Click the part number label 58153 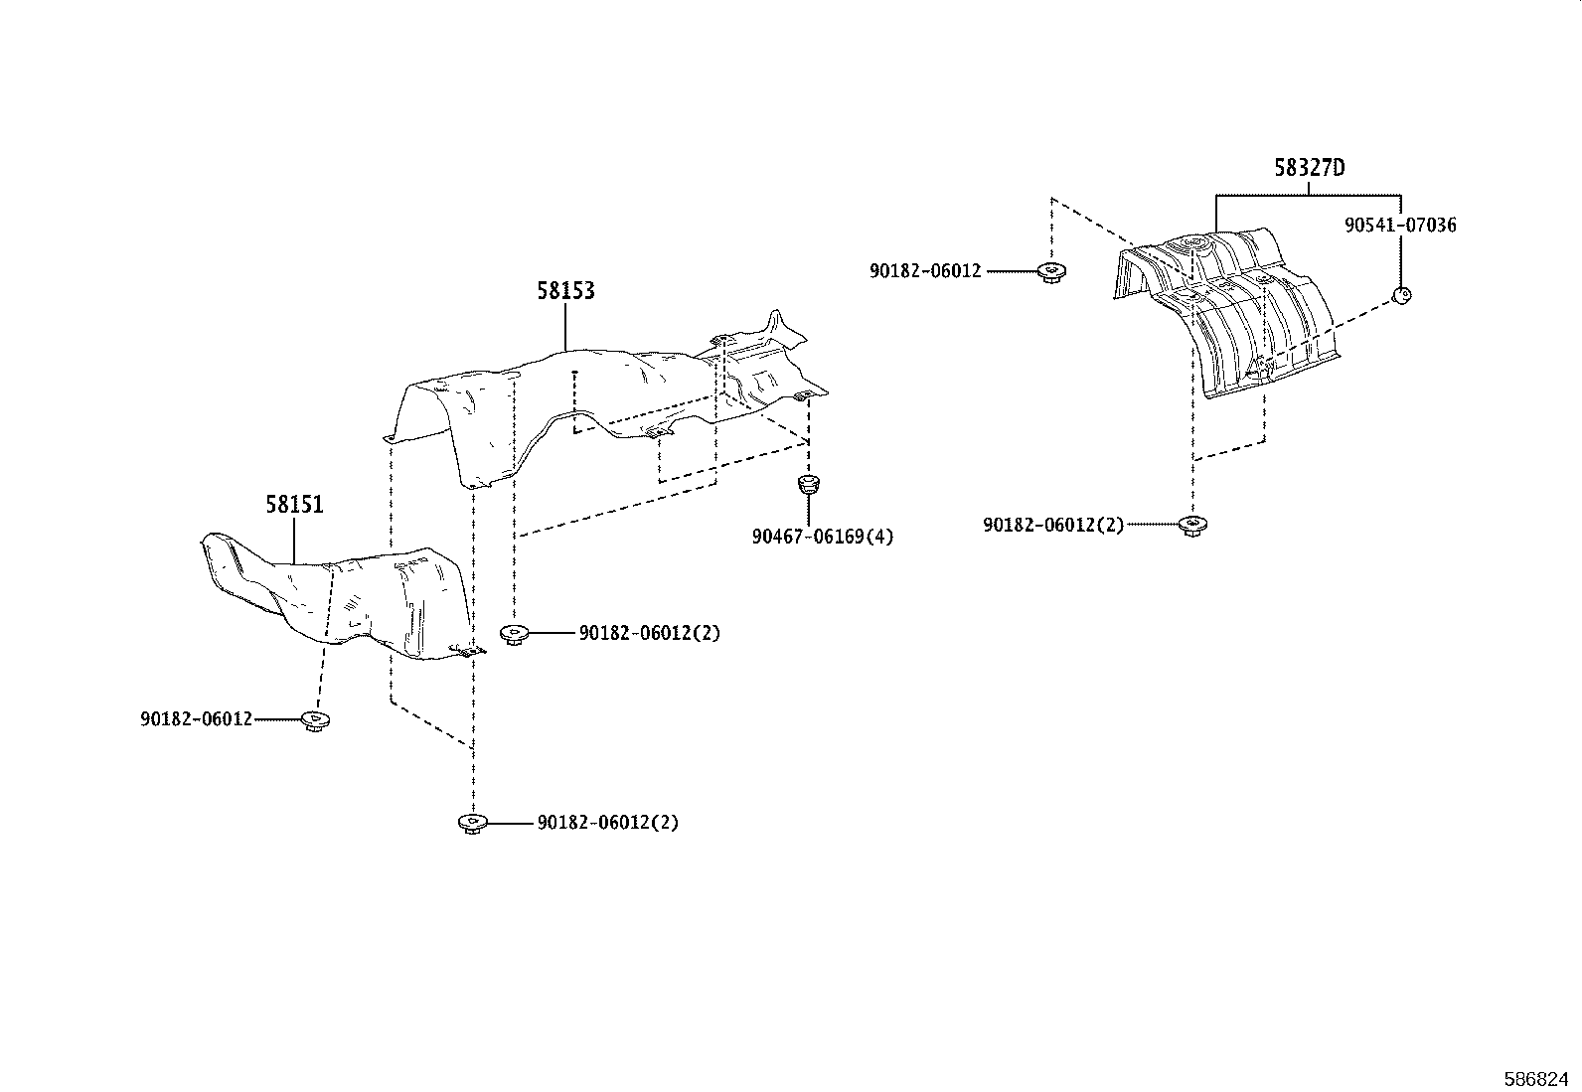pos(565,290)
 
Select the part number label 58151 pos(294,505)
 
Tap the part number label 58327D pos(1309,168)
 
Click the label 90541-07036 pos(1400,226)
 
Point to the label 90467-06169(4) pos(822,537)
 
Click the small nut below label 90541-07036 pos(1401,294)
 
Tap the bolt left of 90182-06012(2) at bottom pos(471,823)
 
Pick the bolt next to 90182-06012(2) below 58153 pos(514,634)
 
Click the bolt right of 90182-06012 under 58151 pos(316,720)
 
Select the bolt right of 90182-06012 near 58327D pos(1049,271)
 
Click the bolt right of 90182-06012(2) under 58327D pos(1190,526)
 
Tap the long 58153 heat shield pos(596,397)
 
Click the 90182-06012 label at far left pos(197,718)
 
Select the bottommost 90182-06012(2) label pos(608,823)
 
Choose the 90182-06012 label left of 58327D pos(925,270)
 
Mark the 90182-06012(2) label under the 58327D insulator pos(1053,525)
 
